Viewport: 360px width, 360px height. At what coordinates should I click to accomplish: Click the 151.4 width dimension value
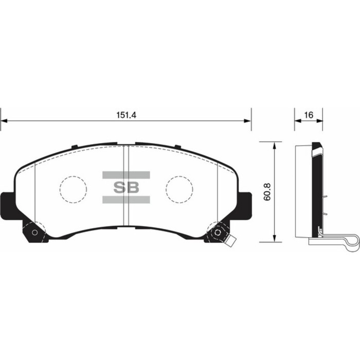[126, 116]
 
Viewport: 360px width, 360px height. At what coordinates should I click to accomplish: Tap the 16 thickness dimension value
[309, 116]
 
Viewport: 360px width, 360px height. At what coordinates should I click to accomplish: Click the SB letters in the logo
[126, 187]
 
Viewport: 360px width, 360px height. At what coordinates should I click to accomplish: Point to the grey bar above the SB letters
[126, 175]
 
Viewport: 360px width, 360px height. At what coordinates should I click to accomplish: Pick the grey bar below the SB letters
[126, 200]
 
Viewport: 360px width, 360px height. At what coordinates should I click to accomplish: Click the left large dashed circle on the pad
[73, 189]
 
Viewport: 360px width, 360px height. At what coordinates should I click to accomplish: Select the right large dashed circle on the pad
[179, 189]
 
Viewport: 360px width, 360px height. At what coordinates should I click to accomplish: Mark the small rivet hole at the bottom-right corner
[218, 232]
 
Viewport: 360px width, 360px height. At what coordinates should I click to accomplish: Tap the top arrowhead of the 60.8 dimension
[275, 146]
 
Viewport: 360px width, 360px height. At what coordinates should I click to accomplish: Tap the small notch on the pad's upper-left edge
[75, 148]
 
